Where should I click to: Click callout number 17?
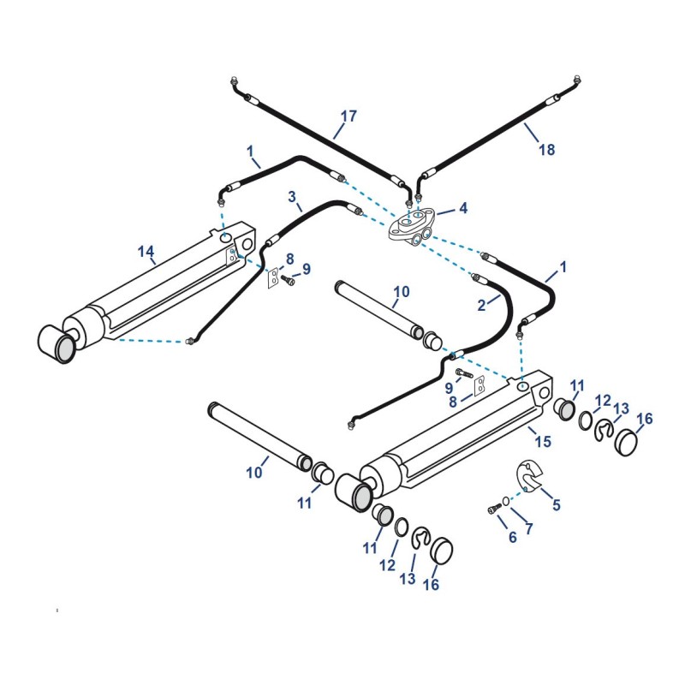348,116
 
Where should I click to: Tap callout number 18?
546,150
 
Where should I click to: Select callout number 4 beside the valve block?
463,208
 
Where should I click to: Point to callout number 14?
146,251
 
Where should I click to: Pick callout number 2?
481,302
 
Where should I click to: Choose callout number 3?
293,197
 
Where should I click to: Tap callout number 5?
556,505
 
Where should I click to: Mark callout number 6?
513,537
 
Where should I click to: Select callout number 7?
528,529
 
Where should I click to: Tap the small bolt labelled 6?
494,509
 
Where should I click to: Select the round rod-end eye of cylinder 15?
354,491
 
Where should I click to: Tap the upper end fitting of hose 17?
235,81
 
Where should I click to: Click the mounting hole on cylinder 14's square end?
247,245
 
